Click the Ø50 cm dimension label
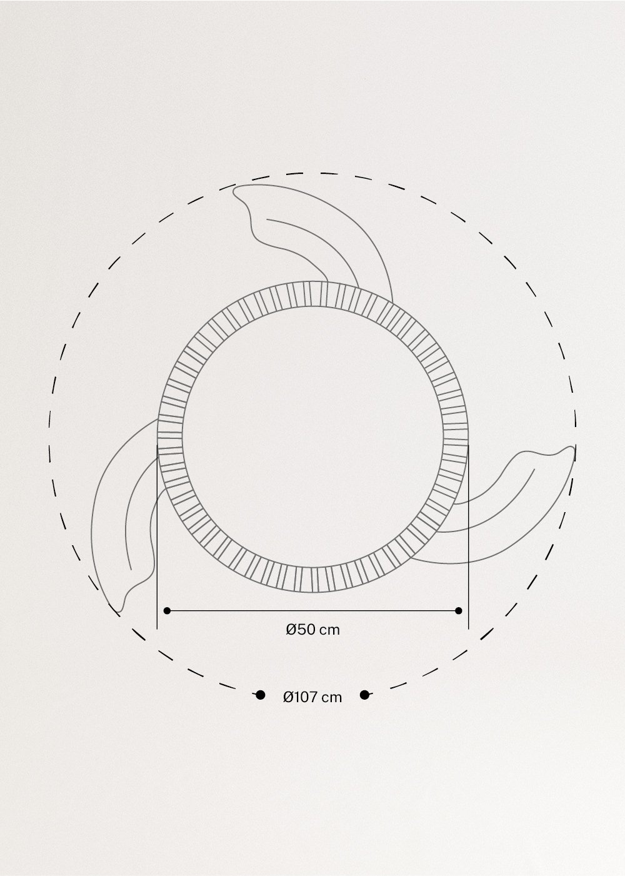click(312, 630)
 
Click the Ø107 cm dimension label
click(312, 697)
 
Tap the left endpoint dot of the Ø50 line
click(166, 610)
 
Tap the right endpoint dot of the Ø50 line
click(459, 610)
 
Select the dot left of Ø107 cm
click(261, 695)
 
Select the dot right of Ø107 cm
click(364, 695)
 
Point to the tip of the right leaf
click(572, 449)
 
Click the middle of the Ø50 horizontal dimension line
click(312, 610)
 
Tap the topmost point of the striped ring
click(312, 281)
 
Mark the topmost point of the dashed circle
click(312, 173)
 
